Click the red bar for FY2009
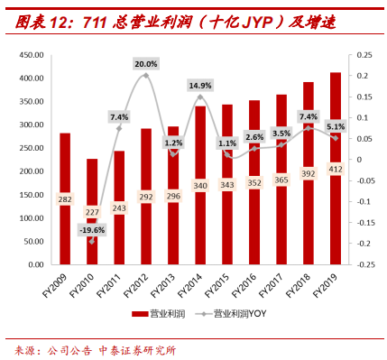click(x=65, y=198)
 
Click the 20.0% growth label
click(x=145, y=64)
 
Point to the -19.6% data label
click(x=91, y=230)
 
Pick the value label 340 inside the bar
click(x=199, y=211)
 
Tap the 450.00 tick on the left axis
click(x=32, y=55)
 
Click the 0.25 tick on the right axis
click(x=365, y=55)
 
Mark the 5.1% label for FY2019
click(x=335, y=127)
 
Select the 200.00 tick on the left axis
click(x=32, y=171)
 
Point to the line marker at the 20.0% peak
click(x=145, y=76)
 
